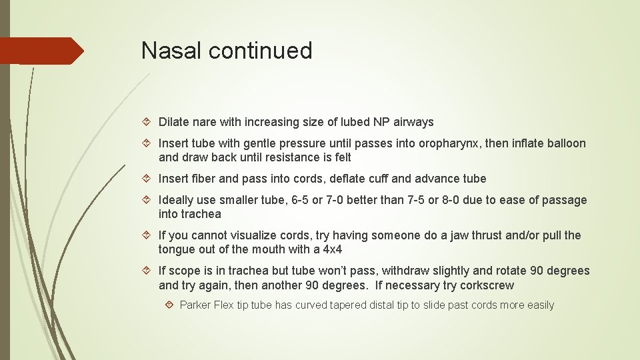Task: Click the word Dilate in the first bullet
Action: (x=175, y=122)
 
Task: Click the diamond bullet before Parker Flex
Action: (x=171, y=305)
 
